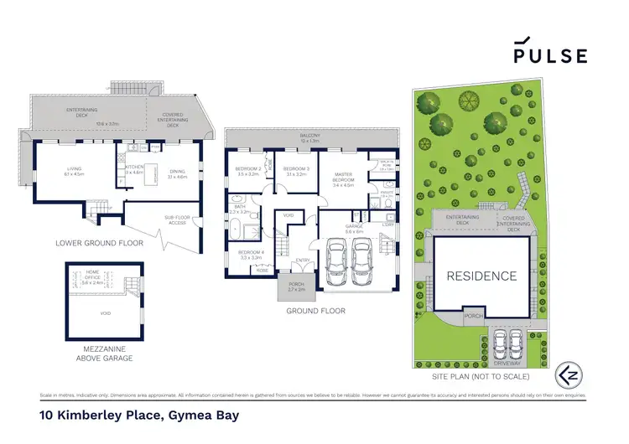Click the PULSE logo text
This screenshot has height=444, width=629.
point(551,55)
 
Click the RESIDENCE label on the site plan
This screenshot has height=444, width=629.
point(481,276)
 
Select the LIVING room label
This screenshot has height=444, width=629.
point(74,172)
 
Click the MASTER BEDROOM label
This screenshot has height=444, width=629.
point(346,179)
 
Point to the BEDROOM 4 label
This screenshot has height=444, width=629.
point(251,253)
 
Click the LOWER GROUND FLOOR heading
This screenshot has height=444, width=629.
point(99,243)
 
